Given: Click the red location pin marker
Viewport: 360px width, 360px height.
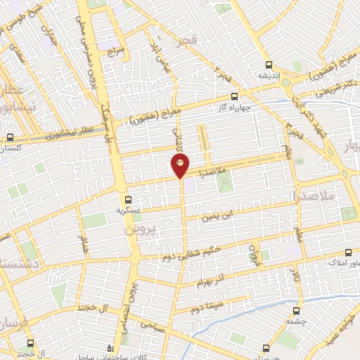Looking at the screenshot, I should (x=180, y=165).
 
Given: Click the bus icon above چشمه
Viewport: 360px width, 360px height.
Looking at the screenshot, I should (x=295, y=310).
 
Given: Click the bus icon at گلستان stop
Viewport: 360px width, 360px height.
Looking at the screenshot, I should (x=10, y=138).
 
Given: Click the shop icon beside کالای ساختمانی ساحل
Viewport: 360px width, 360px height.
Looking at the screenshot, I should (x=109, y=348).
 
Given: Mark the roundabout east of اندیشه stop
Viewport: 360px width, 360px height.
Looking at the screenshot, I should (x=286, y=82).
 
